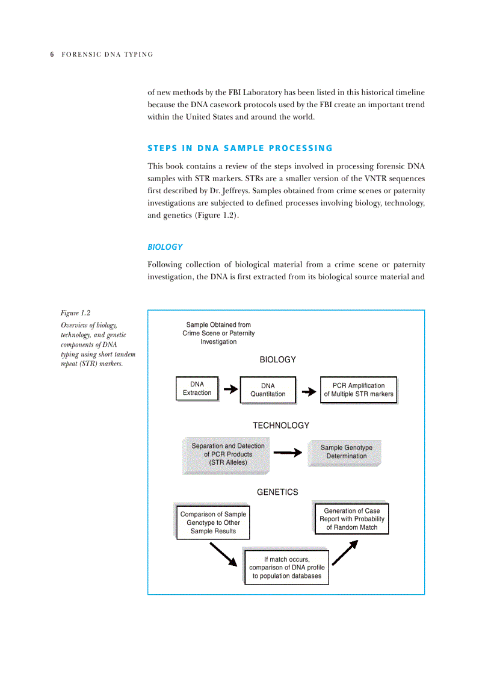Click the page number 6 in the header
(52, 54)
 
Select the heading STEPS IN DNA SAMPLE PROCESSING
(239, 148)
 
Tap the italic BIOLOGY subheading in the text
(165, 247)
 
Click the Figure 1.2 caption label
(75, 312)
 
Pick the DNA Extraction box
(197, 389)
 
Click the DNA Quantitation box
(268, 390)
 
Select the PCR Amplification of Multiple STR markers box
(358, 390)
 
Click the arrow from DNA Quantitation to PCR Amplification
(308, 392)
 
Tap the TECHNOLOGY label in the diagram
(280, 426)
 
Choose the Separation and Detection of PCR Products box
(227, 454)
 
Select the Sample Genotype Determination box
(346, 452)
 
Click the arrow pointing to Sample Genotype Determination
(287, 453)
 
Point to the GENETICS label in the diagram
(277, 492)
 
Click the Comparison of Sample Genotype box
(213, 523)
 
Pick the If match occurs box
(286, 568)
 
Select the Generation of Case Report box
(351, 519)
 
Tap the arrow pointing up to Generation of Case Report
(345, 553)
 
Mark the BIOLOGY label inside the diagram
(277, 359)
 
